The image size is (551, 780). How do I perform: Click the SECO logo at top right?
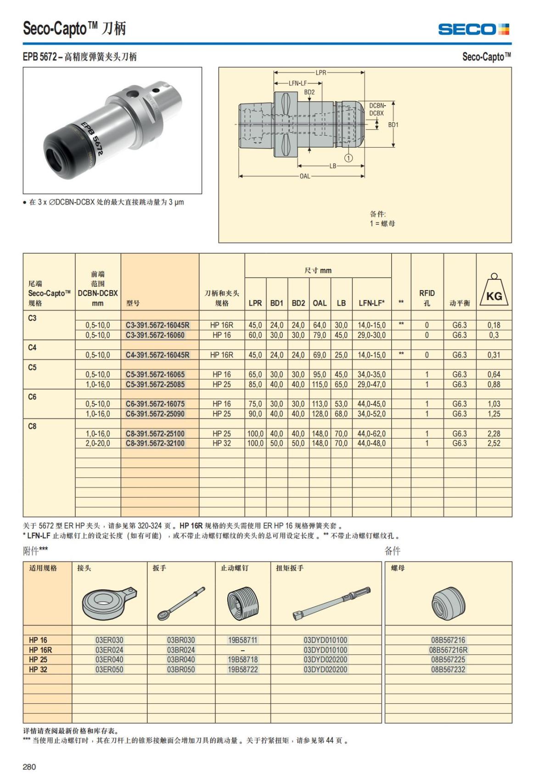coord(473,29)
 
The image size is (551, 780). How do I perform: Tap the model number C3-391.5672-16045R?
coord(157,325)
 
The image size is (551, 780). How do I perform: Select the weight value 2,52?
coord(494,444)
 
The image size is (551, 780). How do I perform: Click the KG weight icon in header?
coord(494,291)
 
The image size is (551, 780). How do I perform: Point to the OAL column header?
coord(320,303)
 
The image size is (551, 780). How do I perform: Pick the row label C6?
coord(32,397)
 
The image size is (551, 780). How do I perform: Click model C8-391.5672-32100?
coord(155,444)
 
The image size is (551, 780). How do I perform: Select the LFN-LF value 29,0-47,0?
coord(371,384)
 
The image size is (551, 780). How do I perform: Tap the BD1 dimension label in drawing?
coord(393,125)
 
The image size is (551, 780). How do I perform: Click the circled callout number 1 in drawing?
coord(349,158)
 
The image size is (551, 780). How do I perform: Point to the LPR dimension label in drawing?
coord(320,73)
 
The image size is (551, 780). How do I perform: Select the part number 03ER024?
coord(109,650)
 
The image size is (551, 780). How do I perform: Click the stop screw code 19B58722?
coord(242,670)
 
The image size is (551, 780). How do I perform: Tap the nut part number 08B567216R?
coord(448,650)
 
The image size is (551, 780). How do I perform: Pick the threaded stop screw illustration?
coord(242,603)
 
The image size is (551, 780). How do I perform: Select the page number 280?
coord(29,767)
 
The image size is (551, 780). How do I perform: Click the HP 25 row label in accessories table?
coord(38,660)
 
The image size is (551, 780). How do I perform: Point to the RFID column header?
coord(427,297)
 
